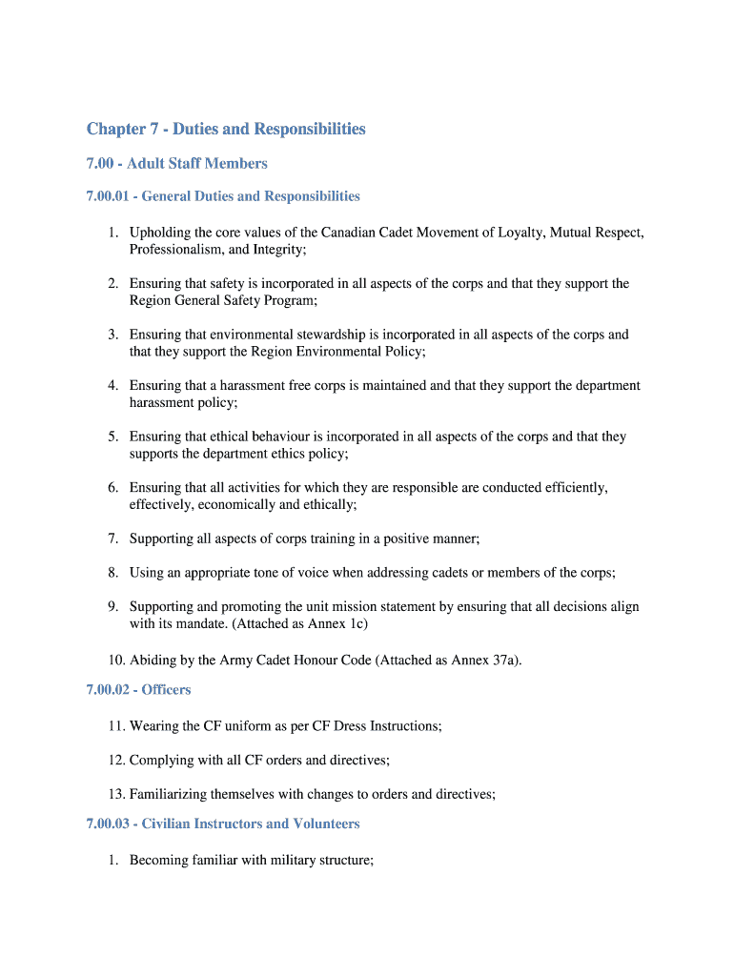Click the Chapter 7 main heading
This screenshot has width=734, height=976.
point(226,129)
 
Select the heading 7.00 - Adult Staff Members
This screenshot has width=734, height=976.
point(176,164)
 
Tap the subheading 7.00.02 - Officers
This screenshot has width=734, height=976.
point(138,690)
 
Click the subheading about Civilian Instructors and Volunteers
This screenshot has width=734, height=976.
point(222,823)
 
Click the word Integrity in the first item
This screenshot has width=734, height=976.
point(275,250)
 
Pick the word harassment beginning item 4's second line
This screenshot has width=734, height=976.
point(162,403)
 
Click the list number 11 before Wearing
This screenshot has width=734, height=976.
point(116,726)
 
